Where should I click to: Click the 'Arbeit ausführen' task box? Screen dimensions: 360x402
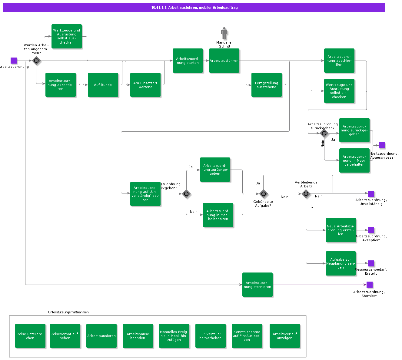(x=224, y=61)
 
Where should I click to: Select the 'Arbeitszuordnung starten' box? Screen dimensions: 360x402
(x=188, y=61)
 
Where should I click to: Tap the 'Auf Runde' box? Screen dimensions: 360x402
(x=103, y=85)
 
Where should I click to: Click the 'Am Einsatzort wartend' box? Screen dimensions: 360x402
(x=145, y=85)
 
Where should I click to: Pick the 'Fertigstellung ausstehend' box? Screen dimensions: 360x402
(x=267, y=85)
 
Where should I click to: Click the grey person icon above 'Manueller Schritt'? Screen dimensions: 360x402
(x=224, y=33)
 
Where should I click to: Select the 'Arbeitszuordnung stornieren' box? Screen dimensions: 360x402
(x=257, y=285)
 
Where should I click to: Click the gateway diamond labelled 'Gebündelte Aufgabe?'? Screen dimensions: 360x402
(x=264, y=194)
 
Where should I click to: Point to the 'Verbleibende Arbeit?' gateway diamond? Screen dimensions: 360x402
(x=306, y=194)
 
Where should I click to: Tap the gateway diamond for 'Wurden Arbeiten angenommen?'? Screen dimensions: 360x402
(x=36, y=61)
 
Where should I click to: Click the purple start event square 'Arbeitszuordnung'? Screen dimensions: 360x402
(x=14, y=61)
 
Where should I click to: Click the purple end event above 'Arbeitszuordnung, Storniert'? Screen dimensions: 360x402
(x=370, y=285)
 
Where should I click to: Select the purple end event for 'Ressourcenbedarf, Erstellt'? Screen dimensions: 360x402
(x=371, y=263)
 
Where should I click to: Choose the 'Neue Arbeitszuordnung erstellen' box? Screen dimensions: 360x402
(x=341, y=230)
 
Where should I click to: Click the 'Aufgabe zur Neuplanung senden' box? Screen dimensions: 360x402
(x=341, y=263)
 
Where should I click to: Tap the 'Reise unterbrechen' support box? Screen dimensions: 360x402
(x=30, y=336)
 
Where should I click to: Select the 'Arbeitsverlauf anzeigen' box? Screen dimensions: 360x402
(x=285, y=336)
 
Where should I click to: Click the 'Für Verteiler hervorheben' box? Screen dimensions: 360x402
(x=211, y=336)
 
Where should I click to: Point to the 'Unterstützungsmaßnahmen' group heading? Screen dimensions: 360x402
(x=68, y=312)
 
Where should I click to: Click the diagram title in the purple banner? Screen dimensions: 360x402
(x=194, y=8)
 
